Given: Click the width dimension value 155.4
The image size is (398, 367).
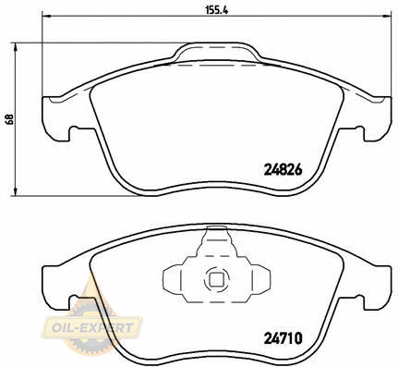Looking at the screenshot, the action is pyautogui.click(x=216, y=10).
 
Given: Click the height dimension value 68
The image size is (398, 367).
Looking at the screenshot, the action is pyautogui.click(x=9, y=119).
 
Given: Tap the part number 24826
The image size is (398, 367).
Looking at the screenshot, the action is pyautogui.click(x=283, y=170).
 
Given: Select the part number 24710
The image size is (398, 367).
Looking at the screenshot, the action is pyautogui.click(x=283, y=338).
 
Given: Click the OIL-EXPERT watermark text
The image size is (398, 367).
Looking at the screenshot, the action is pyautogui.click(x=92, y=327).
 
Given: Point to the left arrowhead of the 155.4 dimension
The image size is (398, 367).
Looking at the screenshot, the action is pyautogui.click(x=46, y=16).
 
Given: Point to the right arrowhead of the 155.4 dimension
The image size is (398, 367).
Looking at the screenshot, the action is pyautogui.click(x=388, y=16).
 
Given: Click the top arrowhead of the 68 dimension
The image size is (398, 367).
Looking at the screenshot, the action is pyautogui.click(x=15, y=47).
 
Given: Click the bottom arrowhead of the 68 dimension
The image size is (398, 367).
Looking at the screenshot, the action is pyautogui.click(x=15, y=191).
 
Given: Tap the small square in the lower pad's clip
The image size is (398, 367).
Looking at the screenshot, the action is pyautogui.click(x=216, y=279).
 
